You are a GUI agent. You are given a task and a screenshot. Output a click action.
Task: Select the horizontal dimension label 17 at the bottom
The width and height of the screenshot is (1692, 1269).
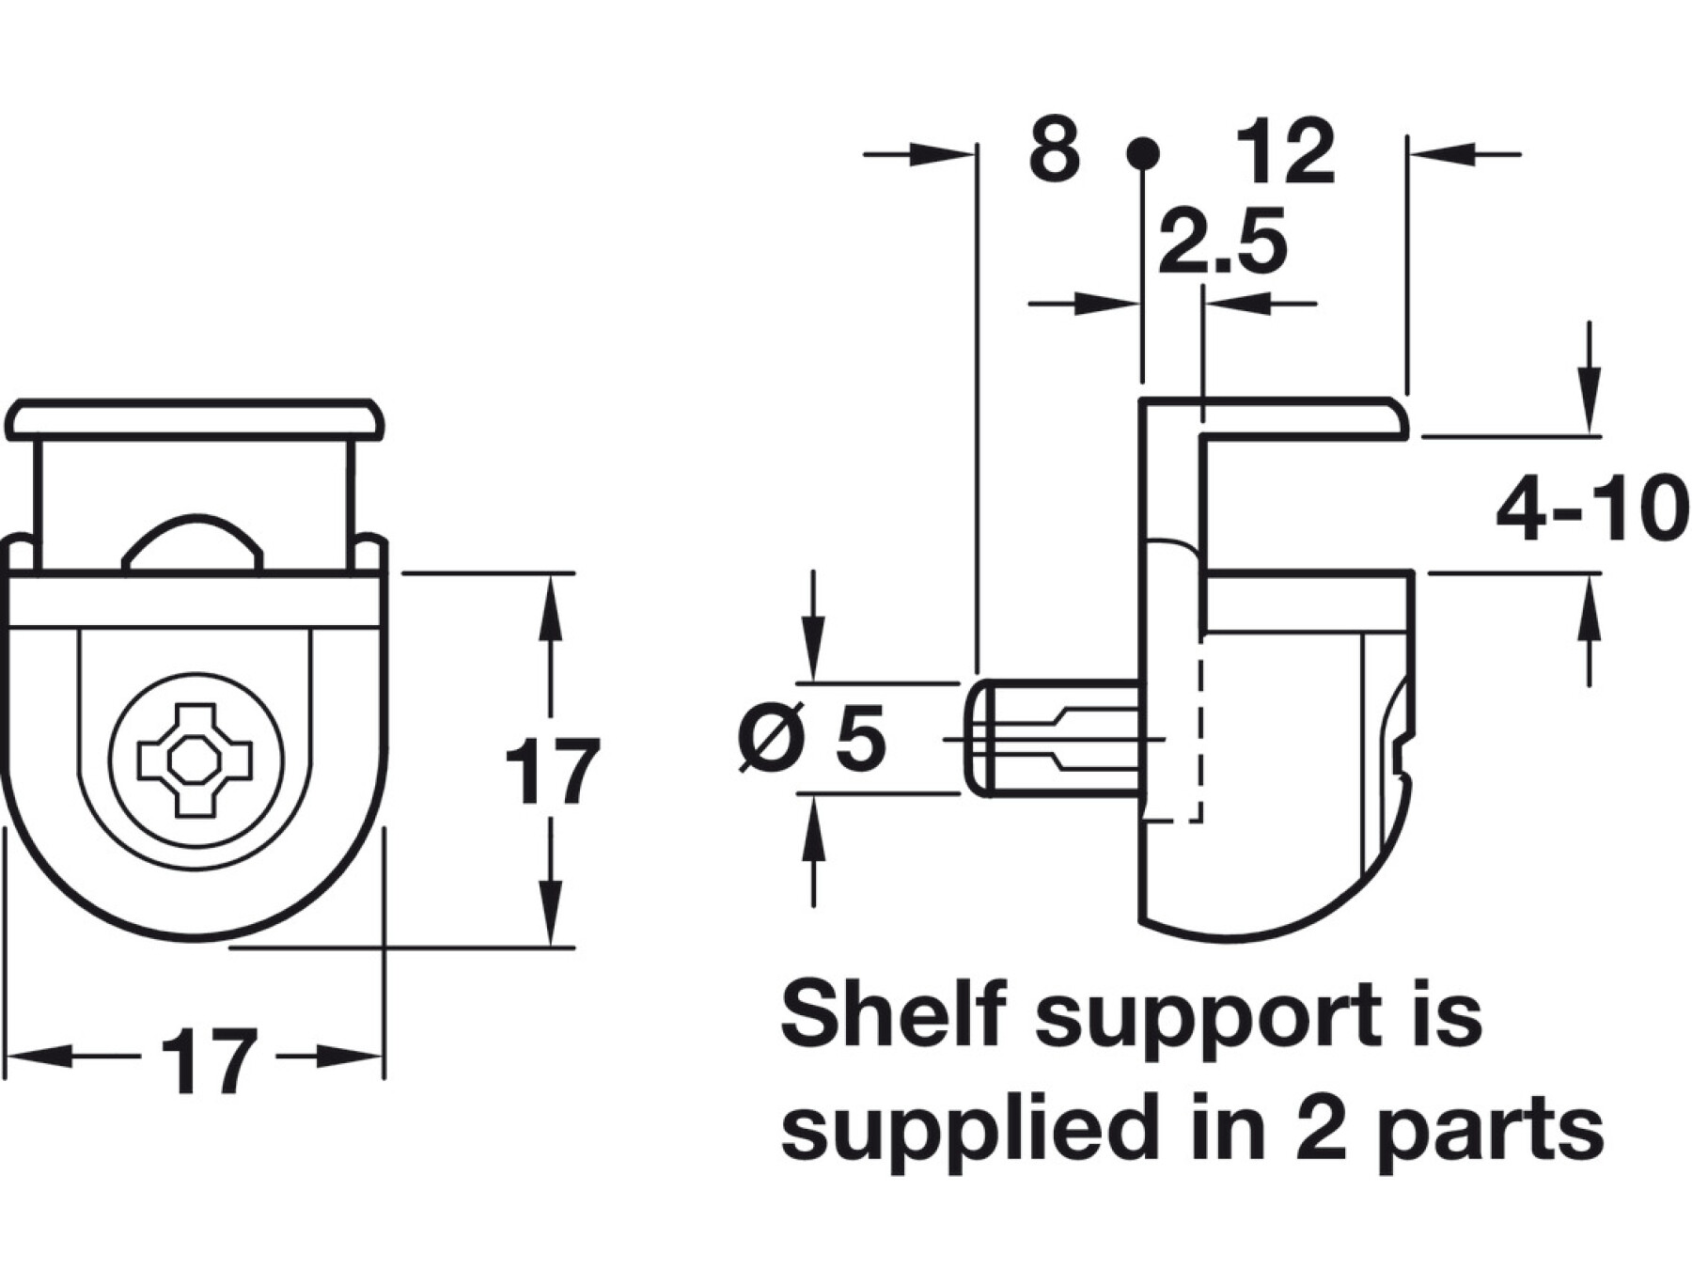point(209,1061)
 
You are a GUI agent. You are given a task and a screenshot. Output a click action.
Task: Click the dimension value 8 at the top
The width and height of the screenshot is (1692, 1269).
point(1054,149)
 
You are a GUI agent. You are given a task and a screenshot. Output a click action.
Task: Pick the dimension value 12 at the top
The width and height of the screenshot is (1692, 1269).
point(1285,151)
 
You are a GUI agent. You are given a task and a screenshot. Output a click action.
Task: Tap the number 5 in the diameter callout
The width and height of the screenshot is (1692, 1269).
point(860,739)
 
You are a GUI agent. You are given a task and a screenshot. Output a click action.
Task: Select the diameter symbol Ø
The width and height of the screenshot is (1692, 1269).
point(772,739)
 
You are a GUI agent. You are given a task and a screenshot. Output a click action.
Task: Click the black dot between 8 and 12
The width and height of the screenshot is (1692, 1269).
point(1142,152)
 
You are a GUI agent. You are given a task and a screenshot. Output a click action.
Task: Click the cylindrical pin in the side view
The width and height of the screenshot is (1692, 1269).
point(1053,739)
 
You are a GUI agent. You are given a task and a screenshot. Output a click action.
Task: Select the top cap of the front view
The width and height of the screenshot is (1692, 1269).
point(196,419)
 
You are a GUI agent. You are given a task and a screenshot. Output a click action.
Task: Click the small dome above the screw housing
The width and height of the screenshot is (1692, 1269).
point(193,543)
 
